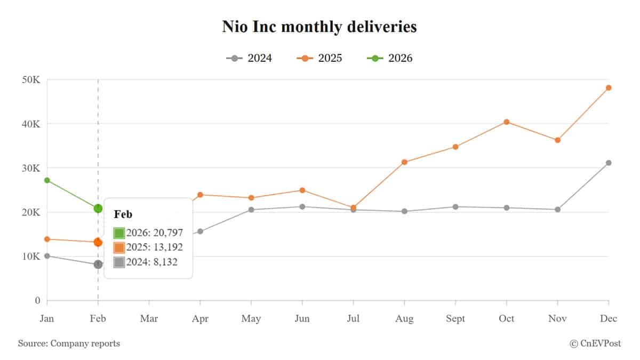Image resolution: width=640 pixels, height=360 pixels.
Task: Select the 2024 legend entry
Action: [x=249, y=58]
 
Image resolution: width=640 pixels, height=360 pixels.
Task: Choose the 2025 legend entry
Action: [x=319, y=58]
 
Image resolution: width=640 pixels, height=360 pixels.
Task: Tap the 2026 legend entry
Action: [x=390, y=58]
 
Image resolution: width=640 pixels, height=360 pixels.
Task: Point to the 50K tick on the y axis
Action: [x=31, y=79]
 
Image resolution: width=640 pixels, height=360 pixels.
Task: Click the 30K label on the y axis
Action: [x=31, y=168]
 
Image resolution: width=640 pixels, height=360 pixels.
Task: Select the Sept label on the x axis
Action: [x=455, y=319]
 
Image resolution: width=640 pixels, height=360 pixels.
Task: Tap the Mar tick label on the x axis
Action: [x=149, y=319]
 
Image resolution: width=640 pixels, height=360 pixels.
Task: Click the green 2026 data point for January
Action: [x=47, y=180]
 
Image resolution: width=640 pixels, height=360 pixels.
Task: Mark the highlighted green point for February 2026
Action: [x=98, y=209]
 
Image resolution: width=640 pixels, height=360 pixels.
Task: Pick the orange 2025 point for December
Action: [x=609, y=87]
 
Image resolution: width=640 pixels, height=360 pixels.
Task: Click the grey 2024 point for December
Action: [x=609, y=163]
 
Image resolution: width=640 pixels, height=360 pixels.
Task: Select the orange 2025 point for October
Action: [x=507, y=122]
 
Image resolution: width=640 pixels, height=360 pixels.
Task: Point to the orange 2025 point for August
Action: [x=404, y=162]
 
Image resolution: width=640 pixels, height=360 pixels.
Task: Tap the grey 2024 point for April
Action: [x=200, y=231]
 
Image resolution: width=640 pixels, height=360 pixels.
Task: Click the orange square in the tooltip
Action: [x=119, y=247]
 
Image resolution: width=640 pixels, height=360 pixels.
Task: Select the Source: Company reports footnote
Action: [x=69, y=343]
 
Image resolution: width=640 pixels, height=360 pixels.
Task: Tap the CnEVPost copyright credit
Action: [x=595, y=343]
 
